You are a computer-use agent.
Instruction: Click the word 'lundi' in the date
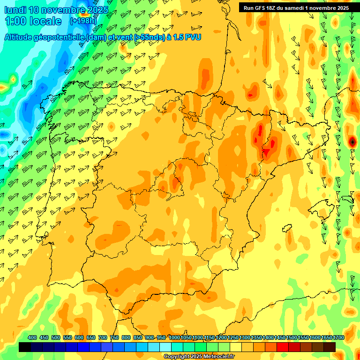coord(15,10)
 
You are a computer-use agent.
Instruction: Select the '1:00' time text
coord(16,21)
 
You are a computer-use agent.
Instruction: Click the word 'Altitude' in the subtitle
coord(21,37)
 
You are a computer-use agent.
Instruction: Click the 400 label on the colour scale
coord(32,337)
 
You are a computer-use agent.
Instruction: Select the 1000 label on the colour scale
coord(174,337)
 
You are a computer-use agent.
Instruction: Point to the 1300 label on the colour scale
coord(245,337)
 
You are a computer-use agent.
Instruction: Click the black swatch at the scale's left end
coord(25,347)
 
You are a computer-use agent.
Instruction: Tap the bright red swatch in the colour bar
coord(283,347)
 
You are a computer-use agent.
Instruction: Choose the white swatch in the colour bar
coord(165,347)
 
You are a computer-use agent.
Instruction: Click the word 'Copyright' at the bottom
coord(177,357)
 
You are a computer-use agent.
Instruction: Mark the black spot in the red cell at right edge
coord(352,141)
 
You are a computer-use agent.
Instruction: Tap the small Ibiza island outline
coord(287,228)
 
